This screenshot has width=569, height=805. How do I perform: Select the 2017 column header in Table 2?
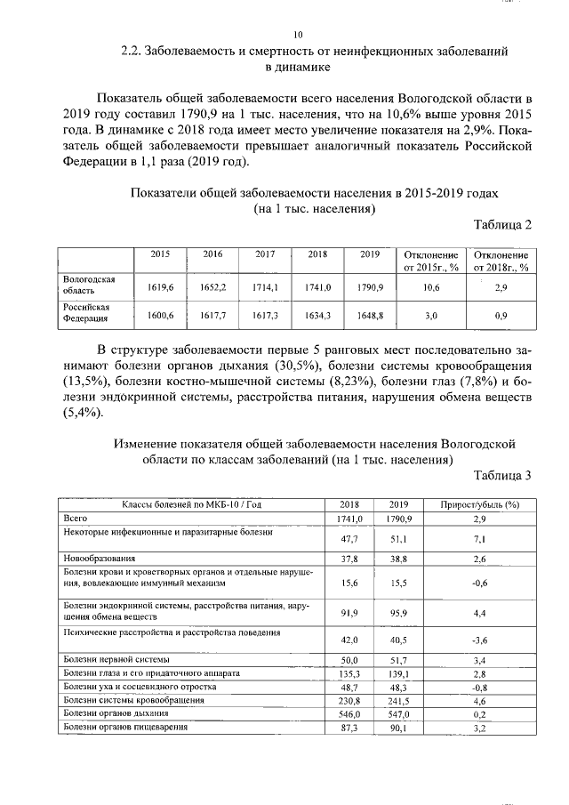[x=265, y=254]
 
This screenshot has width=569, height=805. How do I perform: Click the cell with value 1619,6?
[x=160, y=288]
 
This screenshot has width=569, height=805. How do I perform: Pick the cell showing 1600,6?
[x=160, y=316]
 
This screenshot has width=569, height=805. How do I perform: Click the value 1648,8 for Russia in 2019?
[x=370, y=316]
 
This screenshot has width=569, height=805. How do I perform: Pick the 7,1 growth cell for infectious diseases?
[x=479, y=539]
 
